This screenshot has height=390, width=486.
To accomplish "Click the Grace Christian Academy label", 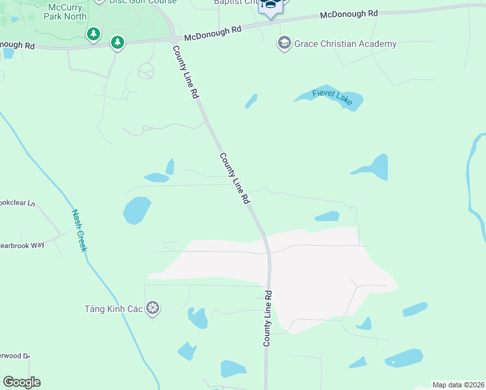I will [x=345, y=44].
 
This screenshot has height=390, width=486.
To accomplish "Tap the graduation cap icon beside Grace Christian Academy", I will [x=284, y=44].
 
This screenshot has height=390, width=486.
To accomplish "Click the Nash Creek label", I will [x=79, y=230].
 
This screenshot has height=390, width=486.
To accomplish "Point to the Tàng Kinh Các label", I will [x=113, y=308].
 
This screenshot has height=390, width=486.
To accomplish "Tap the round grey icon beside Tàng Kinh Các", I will [x=153, y=307].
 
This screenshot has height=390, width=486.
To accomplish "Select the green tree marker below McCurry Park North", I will [x=94, y=33].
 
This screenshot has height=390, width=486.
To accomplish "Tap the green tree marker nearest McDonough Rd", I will [x=117, y=43].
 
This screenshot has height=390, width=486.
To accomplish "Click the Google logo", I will [x=21, y=382].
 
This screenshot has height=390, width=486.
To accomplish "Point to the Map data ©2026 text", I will [x=459, y=385].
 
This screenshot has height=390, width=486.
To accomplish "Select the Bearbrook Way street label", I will [x=22, y=245].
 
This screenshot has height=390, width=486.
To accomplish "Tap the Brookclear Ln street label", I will [x=17, y=203].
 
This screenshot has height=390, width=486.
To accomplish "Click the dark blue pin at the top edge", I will [x=272, y=6].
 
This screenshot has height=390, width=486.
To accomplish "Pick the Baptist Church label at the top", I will [x=237, y=2].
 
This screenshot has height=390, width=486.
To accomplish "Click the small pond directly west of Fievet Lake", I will [x=251, y=101].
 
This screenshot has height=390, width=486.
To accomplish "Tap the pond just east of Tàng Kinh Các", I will [x=198, y=318].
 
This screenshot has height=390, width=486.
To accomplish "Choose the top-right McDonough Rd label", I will [x=348, y=14].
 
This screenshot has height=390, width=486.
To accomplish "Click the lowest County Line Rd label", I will [x=267, y=318].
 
